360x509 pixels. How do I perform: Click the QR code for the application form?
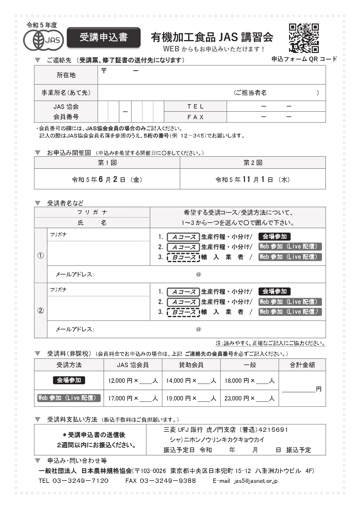[x=304, y=38]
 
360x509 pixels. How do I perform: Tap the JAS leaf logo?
[x=44, y=40]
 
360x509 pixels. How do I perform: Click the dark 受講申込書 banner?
[x=104, y=37]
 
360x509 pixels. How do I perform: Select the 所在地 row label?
[x=66, y=75]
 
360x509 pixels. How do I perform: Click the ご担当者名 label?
[x=250, y=93]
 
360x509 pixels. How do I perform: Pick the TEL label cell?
[x=195, y=107]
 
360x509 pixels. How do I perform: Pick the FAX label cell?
[x=195, y=117]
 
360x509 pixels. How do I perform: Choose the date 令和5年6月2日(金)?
[x=107, y=180]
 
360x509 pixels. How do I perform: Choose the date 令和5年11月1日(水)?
[x=252, y=180]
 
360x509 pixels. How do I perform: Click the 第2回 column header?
[x=252, y=163]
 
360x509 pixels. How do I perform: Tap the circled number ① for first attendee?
[x=41, y=256]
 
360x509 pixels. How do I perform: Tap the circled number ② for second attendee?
[x=41, y=311]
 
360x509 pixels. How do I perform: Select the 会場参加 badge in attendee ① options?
[x=274, y=237]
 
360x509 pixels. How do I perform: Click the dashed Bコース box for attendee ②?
[x=183, y=312]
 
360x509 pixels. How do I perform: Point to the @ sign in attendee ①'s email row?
[x=198, y=274]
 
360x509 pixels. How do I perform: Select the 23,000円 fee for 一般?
[x=236, y=398]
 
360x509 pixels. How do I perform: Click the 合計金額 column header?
[x=302, y=365]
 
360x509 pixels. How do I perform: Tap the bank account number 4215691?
[x=273, y=429]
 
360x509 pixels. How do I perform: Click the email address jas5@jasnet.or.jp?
[x=256, y=481]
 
